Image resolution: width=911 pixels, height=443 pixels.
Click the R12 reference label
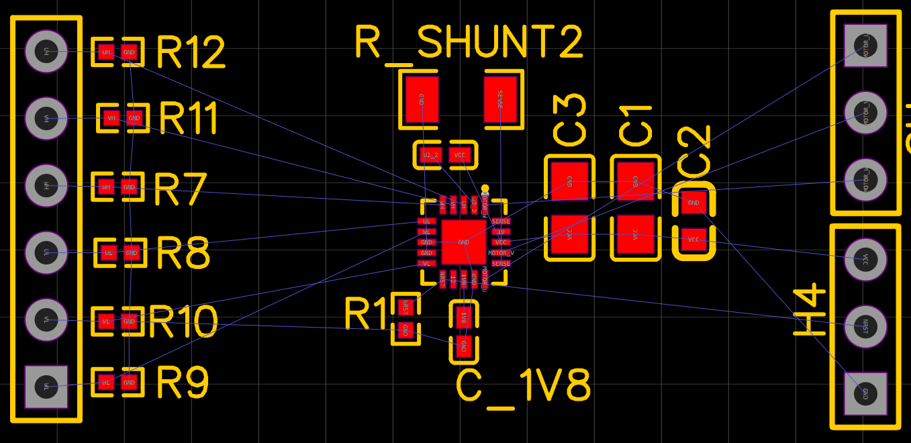tap(191, 52)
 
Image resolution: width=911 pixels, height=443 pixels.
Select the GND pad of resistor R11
tap(134, 118)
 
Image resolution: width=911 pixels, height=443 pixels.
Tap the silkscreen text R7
tap(179, 189)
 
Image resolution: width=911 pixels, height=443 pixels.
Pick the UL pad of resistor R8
tap(107, 253)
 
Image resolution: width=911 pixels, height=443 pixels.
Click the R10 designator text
tap(183, 322)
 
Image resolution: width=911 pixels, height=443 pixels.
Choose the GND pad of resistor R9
tap(129, 383)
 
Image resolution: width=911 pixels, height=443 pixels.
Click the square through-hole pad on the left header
tap(46, 387)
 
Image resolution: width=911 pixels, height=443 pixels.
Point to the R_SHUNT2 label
tap(469, 43)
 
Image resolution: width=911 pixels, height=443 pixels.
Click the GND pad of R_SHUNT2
tap(422, 99)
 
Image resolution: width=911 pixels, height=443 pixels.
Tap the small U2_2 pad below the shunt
tap(430, 155)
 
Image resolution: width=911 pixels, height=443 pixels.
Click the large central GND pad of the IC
tap(463, 242)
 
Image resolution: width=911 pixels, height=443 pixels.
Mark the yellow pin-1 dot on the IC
tap(485, 189)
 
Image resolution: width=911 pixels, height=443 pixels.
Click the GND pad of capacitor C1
tap(635, 181)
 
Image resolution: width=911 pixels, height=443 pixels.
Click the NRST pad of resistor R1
tap(405, 307)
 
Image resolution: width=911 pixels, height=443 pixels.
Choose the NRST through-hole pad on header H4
tap(865, 326)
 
